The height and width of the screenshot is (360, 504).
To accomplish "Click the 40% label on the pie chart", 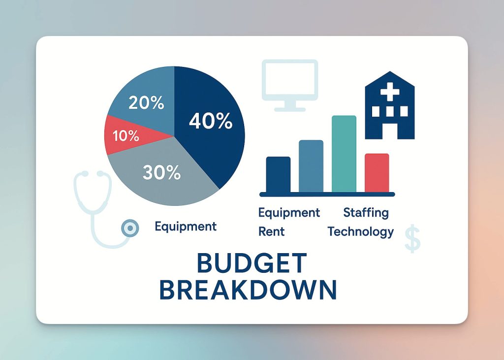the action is [x=211, y=121].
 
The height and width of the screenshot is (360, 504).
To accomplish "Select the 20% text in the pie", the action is [x=146, y=103].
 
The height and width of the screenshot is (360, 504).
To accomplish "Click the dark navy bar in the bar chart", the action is [x=279, y=174].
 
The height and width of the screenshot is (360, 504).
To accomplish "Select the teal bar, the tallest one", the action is [x=344, y=154].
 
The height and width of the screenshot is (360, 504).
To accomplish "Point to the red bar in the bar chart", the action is [x=377, y=173].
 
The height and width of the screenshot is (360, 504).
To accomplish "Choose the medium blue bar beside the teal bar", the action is [x=311, y=166].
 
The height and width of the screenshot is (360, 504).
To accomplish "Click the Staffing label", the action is [x=366, y=213].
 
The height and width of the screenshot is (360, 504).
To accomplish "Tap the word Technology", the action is [x=361, y=232].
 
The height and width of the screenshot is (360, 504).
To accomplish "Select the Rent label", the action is [x=272, y=231].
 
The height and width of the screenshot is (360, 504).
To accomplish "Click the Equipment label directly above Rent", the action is [x=289, y=213].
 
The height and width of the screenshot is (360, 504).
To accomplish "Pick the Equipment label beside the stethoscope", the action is [x=186, y=227].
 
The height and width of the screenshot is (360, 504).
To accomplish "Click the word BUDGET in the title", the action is [x=252, y=263].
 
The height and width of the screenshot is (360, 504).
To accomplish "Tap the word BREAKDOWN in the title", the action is [x=248, y=290].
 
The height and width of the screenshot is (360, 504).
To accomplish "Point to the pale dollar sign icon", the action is [x=412, y=238].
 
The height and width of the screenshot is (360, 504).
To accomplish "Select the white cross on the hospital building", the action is [x=390, y=92].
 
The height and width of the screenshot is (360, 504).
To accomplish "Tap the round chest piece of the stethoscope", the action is [x=130, y=228].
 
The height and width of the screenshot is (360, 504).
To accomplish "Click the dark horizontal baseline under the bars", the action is [x=327, y=195].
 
